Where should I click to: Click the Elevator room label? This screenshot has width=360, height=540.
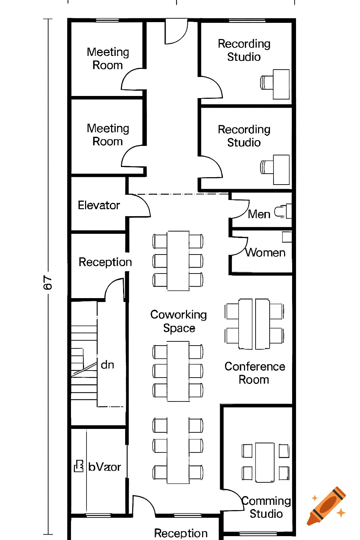[99, 205]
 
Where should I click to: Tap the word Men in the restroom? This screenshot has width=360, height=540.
[259, 214]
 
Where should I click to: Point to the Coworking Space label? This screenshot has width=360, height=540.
[179, 321]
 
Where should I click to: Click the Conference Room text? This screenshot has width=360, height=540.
[255, 373]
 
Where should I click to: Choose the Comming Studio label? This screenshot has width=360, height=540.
[266, 507]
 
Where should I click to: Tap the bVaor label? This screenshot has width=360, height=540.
[104, 467]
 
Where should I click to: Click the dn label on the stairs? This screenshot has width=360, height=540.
[107, 365]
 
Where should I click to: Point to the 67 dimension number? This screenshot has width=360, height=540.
[47, 283]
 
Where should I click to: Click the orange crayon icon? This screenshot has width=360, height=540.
[327, 506]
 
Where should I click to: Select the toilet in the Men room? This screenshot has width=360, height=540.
[283, 211]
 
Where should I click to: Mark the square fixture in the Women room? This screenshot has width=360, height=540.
[287, 237]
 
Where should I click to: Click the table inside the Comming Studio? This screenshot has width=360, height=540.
[265, 462]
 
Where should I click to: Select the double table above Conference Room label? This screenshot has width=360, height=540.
[254, 324]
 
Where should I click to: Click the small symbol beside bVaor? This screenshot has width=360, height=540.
[79, 466]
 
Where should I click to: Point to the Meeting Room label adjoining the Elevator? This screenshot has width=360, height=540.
[108, 135]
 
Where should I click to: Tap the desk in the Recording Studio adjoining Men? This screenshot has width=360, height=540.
[281, 169]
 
